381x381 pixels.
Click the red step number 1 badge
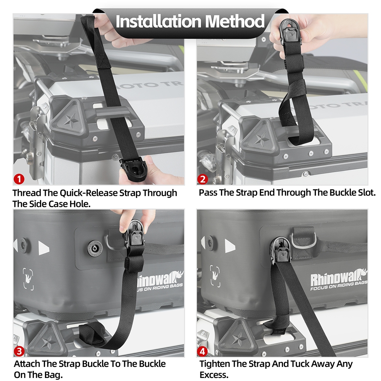[19, 179]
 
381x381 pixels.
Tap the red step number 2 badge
[203, 179]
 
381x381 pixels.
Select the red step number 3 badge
[19, 351]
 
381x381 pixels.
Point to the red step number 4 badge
[202, 351]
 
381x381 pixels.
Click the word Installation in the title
[158, 21]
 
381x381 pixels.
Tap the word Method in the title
[235, 21]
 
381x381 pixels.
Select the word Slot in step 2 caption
[366, 192]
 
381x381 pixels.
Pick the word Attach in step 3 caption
[27, 364]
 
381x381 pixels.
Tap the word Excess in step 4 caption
[214, 375]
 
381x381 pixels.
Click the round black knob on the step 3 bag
[95, 248]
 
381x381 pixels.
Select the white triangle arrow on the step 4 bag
[230, 246]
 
